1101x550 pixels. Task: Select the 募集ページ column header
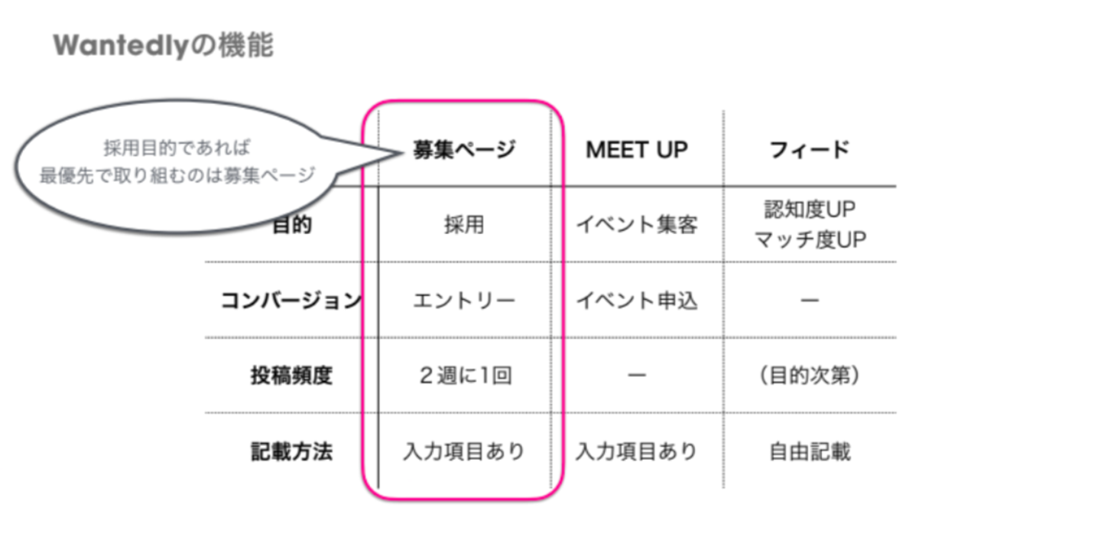coord(464,150)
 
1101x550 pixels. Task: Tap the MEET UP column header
coord(636,150)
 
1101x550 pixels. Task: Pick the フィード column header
coord(810,150)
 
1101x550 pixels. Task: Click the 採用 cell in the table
coord(464,226)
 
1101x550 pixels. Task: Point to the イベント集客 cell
coord(636,226)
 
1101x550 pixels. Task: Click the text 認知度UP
coord(810,209)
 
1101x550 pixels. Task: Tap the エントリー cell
coord(464,301)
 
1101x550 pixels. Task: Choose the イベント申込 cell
coord(636,301)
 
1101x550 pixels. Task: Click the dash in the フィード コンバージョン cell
coord(810,301)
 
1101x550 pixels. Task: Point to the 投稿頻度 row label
coord(291,376)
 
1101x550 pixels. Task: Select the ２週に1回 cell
coord(464,376)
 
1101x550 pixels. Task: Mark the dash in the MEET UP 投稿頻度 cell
coord(636,376)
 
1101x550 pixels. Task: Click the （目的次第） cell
coord(810,376)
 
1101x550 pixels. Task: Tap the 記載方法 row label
coord(291,451)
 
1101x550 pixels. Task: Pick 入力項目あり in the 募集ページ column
coord(464,451)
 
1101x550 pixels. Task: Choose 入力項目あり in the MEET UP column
coord(636,451)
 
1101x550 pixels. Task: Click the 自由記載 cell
coord(810,451)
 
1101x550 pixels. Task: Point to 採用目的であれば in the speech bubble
coord(177,148)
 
